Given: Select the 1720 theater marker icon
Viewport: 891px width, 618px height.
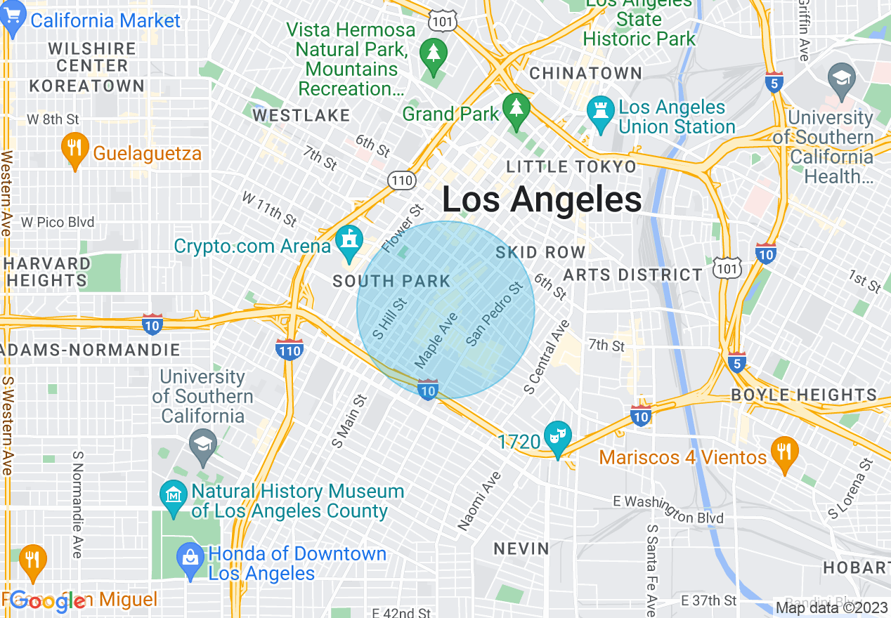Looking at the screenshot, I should click(558, 438).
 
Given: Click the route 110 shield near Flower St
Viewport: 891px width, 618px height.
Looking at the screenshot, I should click(401, 180).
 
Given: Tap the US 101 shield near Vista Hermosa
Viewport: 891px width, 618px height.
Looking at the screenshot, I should click(445, 20).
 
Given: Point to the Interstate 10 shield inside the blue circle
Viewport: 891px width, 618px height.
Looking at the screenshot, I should click(428, 389).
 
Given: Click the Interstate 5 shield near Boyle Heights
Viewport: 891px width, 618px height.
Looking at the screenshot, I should click(736, 362).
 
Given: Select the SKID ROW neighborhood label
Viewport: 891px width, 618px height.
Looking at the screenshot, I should click(540, 252).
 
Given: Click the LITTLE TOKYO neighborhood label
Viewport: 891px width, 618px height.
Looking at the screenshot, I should click(571, 166).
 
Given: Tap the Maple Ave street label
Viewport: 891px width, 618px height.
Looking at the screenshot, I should click(436, 341).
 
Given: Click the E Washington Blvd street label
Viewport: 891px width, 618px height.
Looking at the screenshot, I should click(668, 510).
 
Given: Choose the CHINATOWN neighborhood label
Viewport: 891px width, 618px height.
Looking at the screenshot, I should click(585, 73).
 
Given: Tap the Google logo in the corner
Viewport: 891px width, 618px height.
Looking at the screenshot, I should click(48, 600).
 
